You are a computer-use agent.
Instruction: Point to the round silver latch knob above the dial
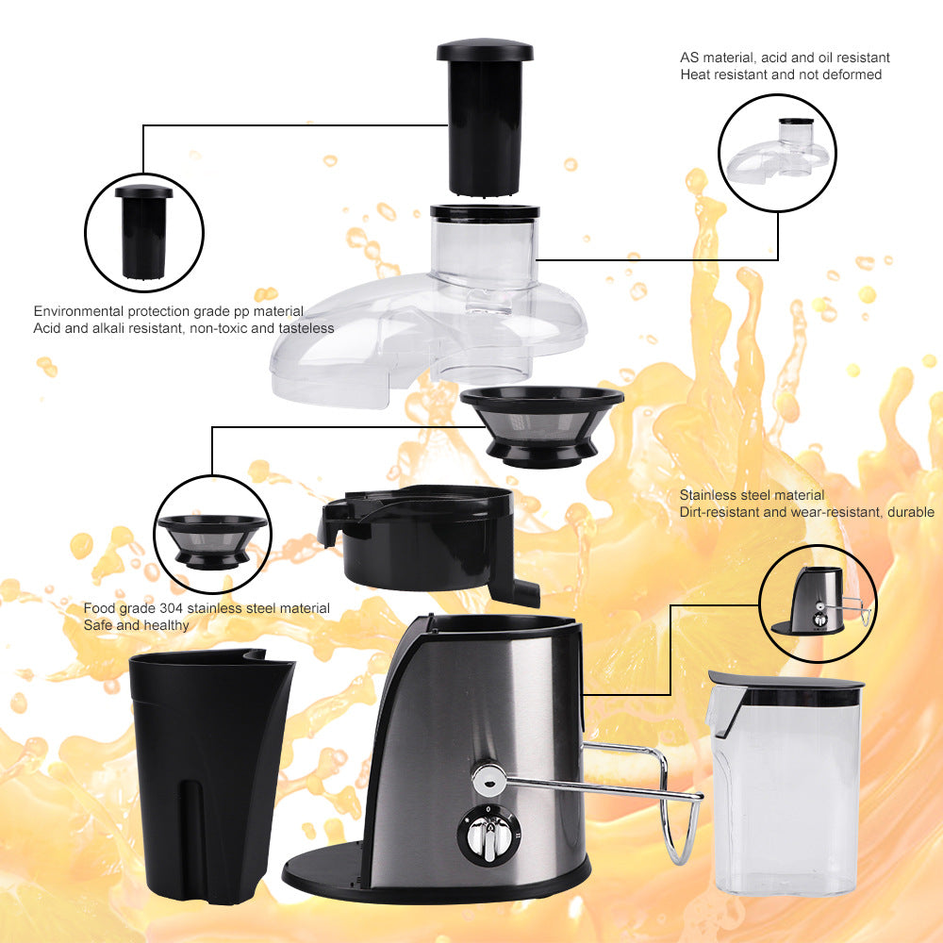click(x=488, y=778)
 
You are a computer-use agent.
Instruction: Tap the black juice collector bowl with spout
click(x=424, y=538)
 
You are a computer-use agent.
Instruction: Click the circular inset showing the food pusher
click(x=143, y=231)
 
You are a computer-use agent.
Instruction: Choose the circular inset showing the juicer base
click(x=818, y=604)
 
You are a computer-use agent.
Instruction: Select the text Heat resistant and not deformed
click(x=781, y=74)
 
